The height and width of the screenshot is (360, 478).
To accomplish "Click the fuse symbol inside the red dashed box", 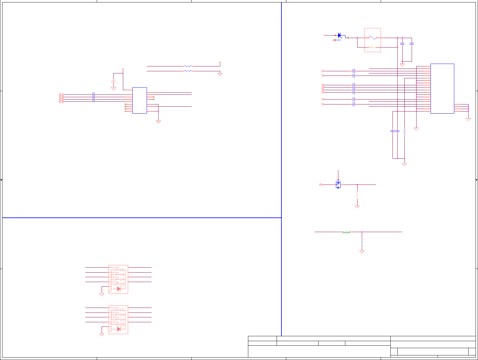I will [x=372, y=38].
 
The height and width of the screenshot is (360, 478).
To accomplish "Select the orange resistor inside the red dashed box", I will [x=372, y=47].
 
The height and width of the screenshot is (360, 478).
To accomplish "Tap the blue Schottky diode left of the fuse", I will [x=340, y=36].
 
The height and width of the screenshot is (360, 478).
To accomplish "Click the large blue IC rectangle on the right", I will [x=442, y=88].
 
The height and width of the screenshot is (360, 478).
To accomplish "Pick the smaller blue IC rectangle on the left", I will [x=139, y=101].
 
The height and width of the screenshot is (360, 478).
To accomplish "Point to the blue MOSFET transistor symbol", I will [x=338, y=185].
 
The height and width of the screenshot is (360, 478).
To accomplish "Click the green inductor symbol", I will [x=346, y=232].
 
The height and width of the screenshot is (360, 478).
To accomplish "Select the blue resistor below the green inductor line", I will [x=362, y=242].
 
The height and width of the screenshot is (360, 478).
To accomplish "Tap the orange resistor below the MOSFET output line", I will [x=357, y=195].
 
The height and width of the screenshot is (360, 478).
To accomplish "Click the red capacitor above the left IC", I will [x=113, y=82].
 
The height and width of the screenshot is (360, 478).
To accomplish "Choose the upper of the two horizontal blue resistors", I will [x=188, y=66].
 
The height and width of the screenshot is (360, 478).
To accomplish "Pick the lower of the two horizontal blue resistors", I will [x=188, y=71].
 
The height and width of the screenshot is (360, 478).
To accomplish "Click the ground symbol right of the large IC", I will [x=468, y=119].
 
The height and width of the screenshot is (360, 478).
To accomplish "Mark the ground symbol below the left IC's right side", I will [x=158, y=122].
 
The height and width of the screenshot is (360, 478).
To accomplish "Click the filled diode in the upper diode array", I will [x=119, y=289].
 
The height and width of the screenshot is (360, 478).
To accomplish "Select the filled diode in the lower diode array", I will [x=119, y=329].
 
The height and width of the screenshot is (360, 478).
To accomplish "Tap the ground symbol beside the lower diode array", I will [x=102, y=334].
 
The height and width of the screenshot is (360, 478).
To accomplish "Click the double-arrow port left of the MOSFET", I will [x=320, y=185].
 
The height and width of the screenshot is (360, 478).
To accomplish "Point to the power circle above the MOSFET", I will [x=338, y=171].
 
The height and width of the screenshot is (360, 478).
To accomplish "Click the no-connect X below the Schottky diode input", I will [x=333, y=40].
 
